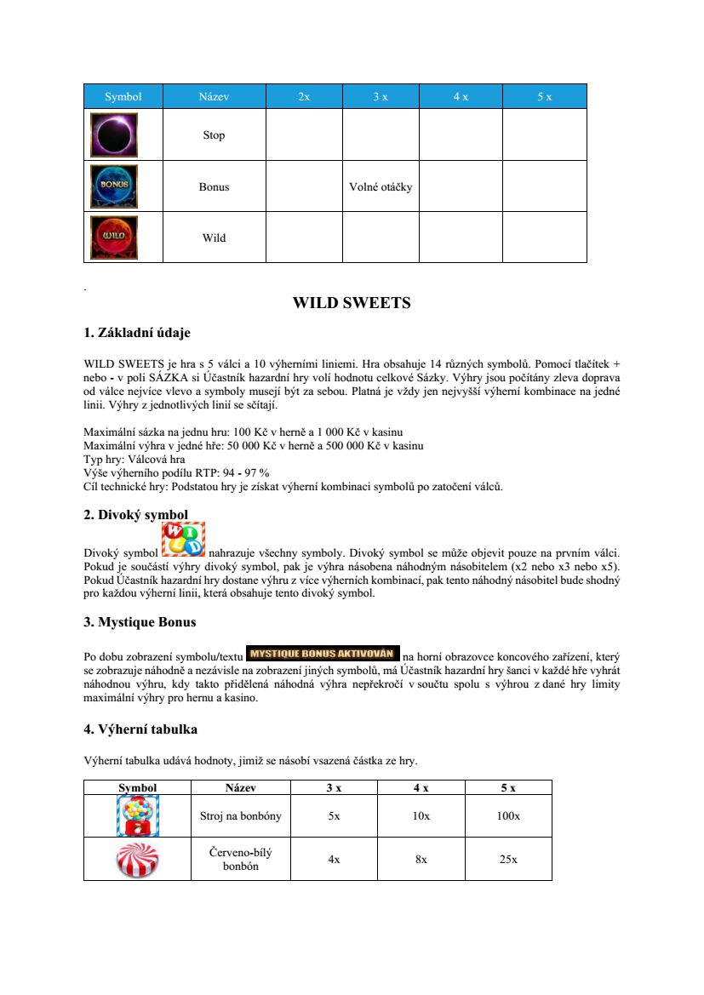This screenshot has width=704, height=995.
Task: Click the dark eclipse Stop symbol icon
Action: coord(114,134)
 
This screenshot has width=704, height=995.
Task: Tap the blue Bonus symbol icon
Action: coord(114,186)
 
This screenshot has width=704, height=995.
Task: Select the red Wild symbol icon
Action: coord(114,237)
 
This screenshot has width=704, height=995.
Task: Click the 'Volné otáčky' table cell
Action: coord(381,186)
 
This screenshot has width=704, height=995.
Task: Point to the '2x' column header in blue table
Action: coord(304,97)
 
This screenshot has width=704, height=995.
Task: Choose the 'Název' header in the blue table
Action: coord(214,97)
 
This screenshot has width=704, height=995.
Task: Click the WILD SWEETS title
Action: coord(352,303)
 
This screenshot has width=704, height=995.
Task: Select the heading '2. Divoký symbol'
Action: coord(136,514)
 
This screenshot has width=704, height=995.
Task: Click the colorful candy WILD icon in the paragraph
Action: coord(183,540)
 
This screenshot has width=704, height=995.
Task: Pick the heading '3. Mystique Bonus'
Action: coord(140,622)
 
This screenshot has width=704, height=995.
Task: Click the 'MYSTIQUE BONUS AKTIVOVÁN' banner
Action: coord(323,654)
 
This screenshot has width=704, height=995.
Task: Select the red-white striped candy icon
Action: coord(136,859)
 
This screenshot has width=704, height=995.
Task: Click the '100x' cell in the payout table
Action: coord(508,816)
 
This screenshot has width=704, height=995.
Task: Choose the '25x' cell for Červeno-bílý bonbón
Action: coord(508,860)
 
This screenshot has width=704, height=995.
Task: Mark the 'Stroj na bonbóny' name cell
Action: coord(240,816)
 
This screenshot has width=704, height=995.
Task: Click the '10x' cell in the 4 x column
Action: coord(421,816)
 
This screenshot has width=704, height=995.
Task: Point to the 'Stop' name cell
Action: coord(214,135)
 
